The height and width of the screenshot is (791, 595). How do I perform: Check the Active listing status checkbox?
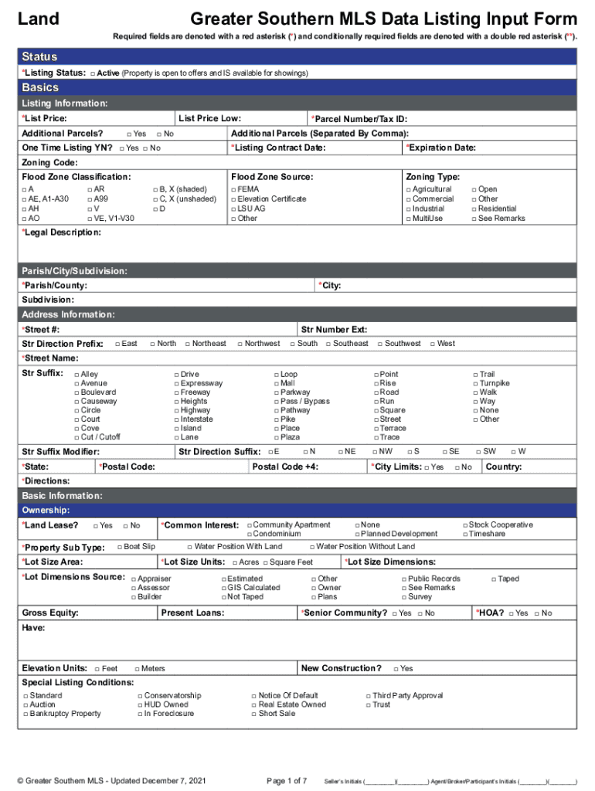click(92, 73)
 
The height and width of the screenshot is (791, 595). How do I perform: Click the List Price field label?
click(44, 119)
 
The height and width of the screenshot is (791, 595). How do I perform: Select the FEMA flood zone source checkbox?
click(234, 189)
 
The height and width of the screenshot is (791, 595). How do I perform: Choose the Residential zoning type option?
click(474, 209)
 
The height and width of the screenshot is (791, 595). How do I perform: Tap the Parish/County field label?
click(54, 286)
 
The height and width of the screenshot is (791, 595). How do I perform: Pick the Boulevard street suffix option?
click(76, 392)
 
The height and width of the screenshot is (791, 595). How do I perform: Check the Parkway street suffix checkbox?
click(276, 392)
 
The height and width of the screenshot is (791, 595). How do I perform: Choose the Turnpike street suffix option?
click(475, 383)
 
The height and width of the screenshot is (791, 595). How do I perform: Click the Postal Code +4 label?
click(285, 467)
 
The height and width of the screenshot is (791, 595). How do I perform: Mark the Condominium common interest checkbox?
click(250, 534)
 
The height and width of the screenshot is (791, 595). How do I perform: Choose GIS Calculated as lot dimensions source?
click(224, 588)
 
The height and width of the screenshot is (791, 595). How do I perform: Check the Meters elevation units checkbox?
click(137, 669)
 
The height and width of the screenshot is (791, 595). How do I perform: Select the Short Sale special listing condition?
click(253, 714)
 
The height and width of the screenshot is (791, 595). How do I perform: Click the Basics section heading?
click(40, 88)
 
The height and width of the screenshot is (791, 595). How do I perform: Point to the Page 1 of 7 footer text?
click(287, 781)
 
